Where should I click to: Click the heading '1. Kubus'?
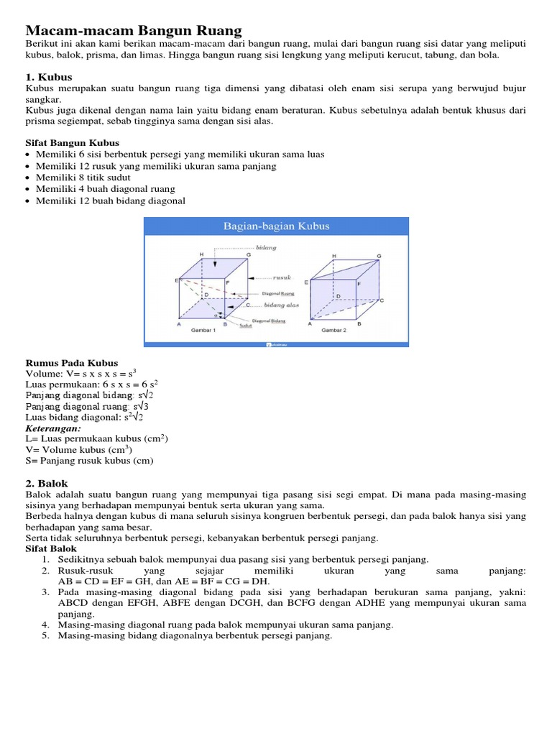tap(49, 77)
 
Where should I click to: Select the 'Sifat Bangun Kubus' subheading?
tap(72, 143)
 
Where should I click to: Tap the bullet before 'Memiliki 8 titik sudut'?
tap(28, 178)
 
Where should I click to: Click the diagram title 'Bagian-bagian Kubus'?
tap(276, 226)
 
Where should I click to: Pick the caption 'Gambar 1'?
tap(203, 331)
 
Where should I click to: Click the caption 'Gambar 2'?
tap(333, 331)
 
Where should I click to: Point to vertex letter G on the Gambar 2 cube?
tap(379, 256)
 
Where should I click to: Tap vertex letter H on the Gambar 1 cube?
tap(201, 254)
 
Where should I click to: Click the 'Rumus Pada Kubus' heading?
tap(72, 363)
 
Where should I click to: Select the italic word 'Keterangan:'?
tap(53, 428)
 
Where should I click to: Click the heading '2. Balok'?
tap(47, 484)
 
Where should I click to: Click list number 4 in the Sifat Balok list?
tap(44, 625)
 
